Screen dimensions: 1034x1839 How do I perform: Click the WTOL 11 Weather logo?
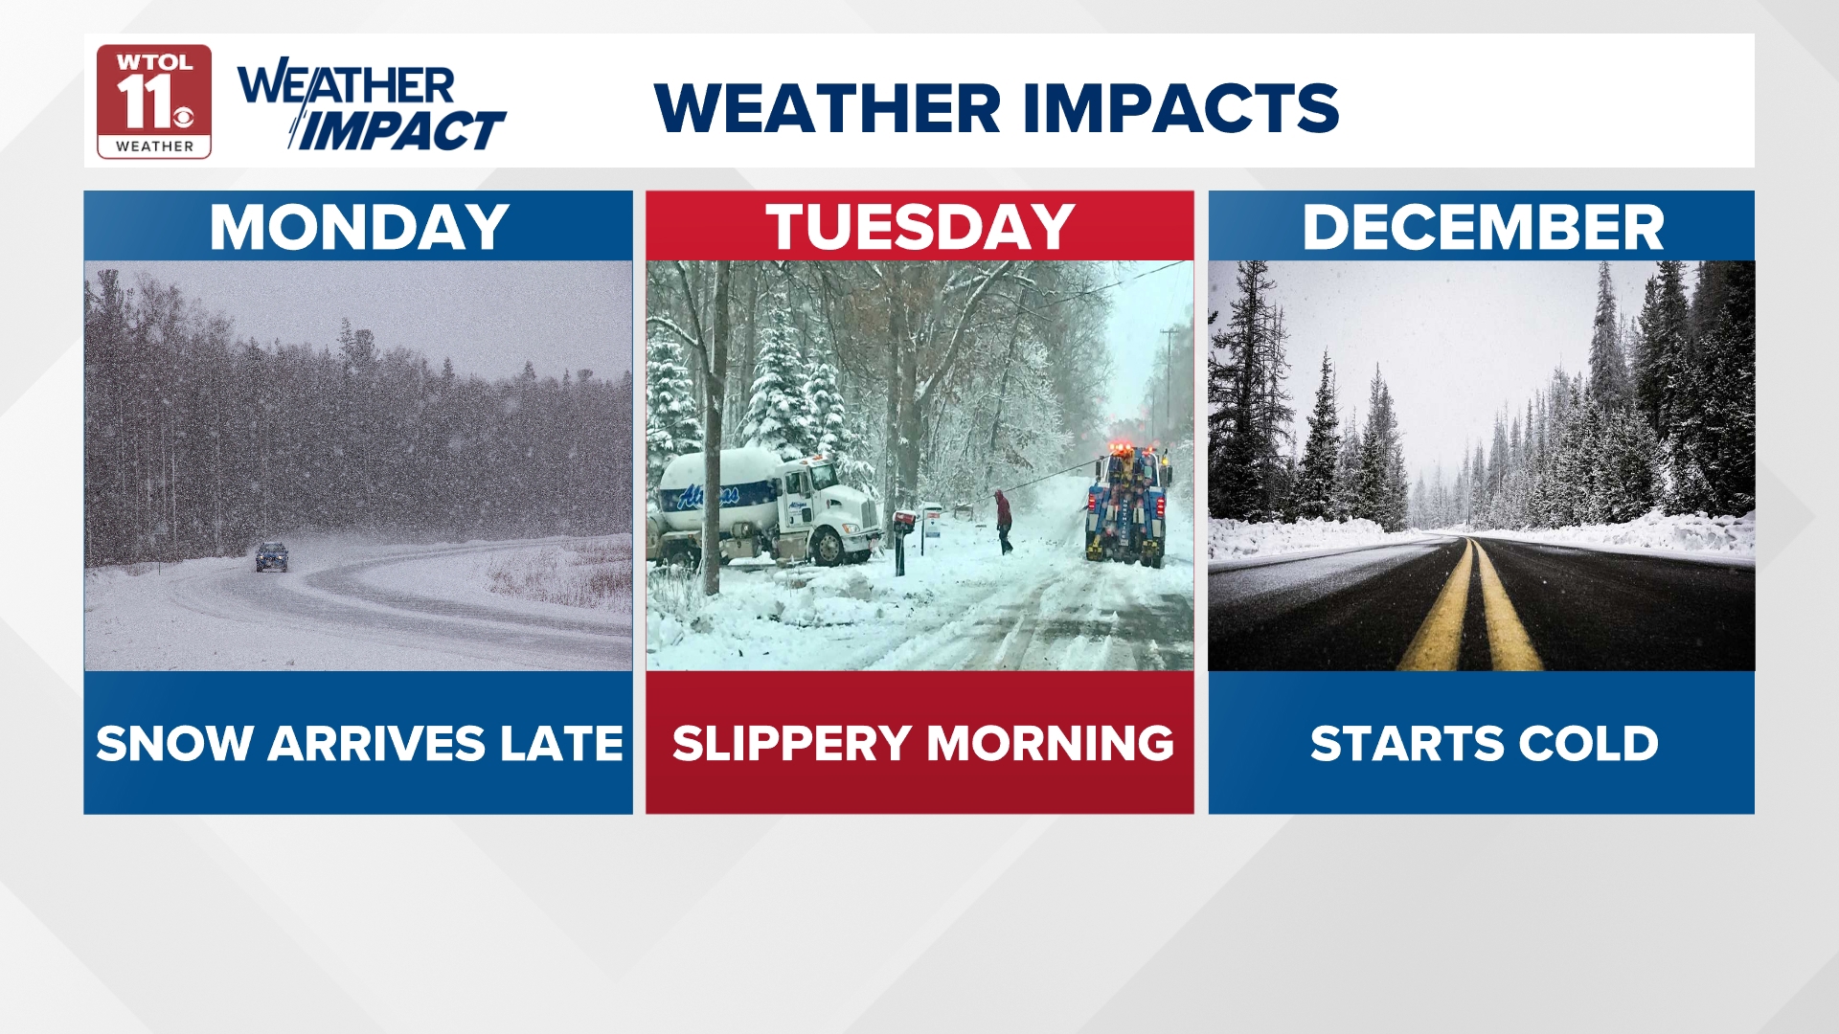(153, 101)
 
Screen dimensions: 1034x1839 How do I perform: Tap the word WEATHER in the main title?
(828, 107)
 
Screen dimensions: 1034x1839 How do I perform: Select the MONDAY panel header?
(358, 227)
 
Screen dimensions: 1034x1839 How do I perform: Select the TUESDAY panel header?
(919, 227)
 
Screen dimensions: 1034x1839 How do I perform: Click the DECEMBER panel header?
(1482, 227)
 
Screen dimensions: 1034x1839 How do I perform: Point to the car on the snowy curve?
(271, 556)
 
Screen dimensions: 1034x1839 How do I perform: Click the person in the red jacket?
(1003, 521)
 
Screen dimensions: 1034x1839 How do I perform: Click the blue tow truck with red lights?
(1126, 507)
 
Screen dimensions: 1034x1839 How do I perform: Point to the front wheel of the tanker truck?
(827, 547)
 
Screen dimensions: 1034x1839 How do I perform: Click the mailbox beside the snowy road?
(902, 523)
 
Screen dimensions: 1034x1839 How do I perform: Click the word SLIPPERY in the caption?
(791, 744)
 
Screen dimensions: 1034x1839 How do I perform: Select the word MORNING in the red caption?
(1050, 744)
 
